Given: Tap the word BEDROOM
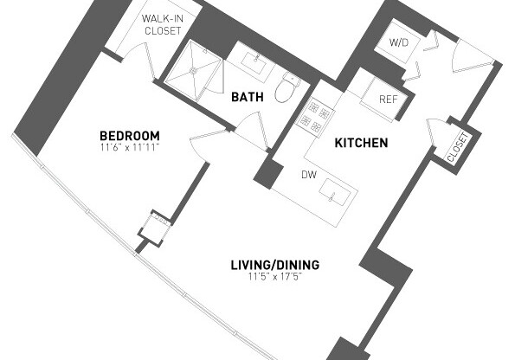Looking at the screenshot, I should (130, 136).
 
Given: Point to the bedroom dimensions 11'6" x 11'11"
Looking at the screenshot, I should (130, 147).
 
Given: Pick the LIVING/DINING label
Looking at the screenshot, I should (274, 265).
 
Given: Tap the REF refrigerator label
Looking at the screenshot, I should (389, 99).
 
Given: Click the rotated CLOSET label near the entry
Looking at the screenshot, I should (457, 147).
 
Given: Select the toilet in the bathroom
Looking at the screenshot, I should (286, 87).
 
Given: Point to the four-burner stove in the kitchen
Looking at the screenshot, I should (315, 113).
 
